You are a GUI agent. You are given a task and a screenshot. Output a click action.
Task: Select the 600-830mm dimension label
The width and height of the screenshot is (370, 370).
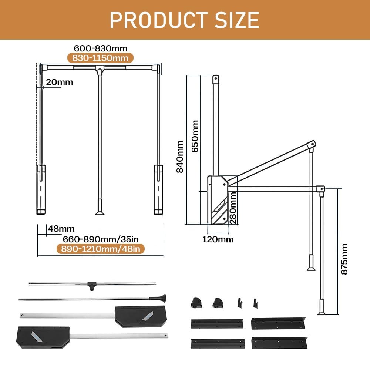101,48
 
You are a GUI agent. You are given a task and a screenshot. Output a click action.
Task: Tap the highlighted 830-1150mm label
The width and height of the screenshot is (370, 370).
100,58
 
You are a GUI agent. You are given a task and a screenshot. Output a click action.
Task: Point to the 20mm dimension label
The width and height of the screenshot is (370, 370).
59,82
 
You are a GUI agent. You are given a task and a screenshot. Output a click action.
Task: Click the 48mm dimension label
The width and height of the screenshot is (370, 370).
61,229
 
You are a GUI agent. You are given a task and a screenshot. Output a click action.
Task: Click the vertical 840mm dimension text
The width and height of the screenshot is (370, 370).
180,156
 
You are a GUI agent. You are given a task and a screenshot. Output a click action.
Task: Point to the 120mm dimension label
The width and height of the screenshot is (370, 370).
218,239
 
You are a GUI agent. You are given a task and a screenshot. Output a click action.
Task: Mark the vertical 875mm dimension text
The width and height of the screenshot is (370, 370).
344,259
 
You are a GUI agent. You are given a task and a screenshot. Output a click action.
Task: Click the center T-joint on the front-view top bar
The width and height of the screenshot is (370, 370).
99,69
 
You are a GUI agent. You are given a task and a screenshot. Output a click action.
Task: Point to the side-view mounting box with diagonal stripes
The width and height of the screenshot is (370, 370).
217,200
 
